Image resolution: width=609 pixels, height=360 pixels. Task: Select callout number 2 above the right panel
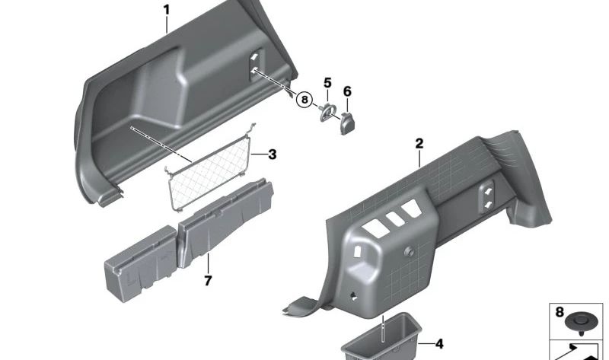[x=418, y=143]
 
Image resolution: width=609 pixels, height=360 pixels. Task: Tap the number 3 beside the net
[x=272, y=155]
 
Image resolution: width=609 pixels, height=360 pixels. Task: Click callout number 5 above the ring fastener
[x=328, y=82]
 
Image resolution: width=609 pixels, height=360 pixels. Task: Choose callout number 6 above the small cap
[x=347, y=91]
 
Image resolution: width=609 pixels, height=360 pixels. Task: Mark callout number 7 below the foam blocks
[x=207, y=281]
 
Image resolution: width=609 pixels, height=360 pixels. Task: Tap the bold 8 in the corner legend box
[x=559, y=311]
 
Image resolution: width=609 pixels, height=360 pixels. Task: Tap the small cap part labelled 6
[x=348, y=122]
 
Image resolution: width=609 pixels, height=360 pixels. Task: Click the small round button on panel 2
[x=410, y=250]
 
